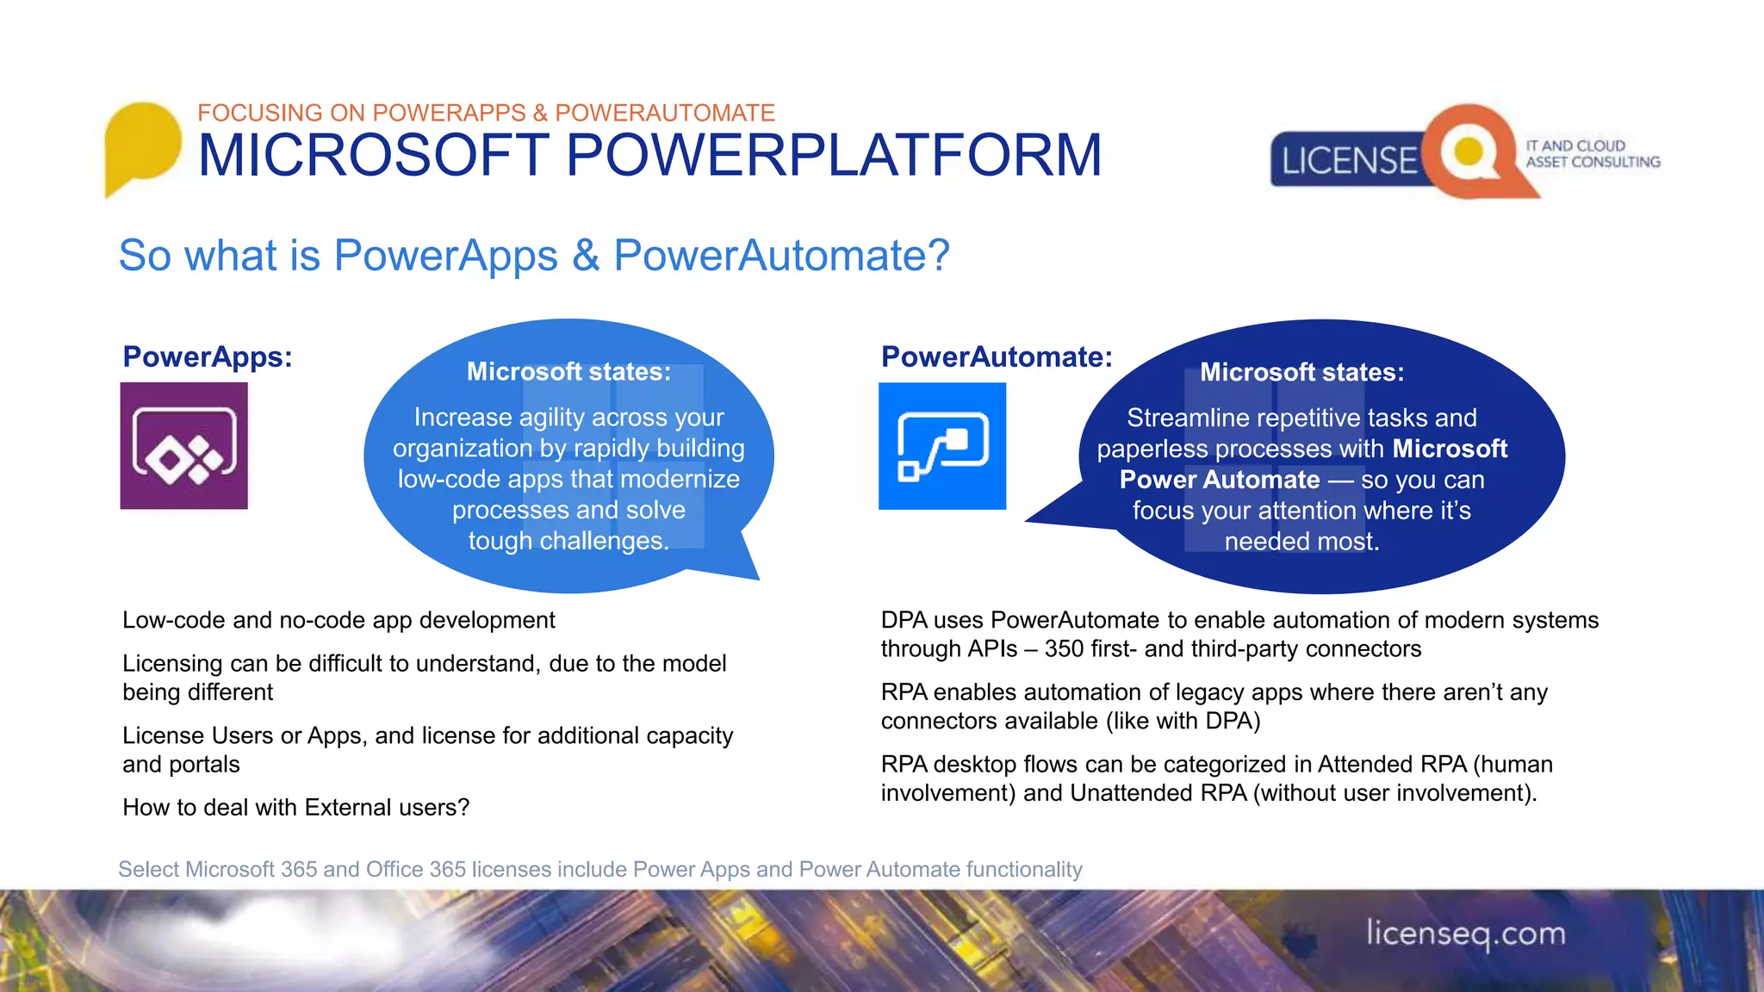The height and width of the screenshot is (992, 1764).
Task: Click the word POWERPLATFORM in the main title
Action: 833,156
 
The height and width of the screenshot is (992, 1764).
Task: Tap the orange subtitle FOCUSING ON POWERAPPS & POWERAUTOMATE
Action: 486,113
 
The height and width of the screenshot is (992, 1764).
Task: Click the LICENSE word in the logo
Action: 1349,161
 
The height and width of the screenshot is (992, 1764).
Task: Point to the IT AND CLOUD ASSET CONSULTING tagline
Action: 1592,153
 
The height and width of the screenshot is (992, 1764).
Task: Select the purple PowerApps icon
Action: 183,445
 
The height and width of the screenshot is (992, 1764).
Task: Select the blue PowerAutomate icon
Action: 942,445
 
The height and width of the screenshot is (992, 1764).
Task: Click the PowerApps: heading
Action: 208,356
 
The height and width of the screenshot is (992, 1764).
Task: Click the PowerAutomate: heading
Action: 997,356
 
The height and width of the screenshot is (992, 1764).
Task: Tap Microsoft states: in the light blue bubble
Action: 568,371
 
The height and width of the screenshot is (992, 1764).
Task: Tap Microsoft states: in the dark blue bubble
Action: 1301,372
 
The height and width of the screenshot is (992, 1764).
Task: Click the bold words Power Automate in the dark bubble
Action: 1220,480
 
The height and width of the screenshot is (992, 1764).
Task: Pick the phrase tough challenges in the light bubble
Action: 568,541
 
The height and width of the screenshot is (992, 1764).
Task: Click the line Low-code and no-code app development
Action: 339,620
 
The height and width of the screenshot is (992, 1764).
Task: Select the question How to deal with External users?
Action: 295,807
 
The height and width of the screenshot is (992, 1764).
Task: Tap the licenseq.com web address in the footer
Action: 1465,933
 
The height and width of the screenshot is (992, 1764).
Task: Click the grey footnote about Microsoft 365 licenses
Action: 599,869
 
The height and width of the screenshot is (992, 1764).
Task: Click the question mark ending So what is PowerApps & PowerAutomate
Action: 938,256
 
